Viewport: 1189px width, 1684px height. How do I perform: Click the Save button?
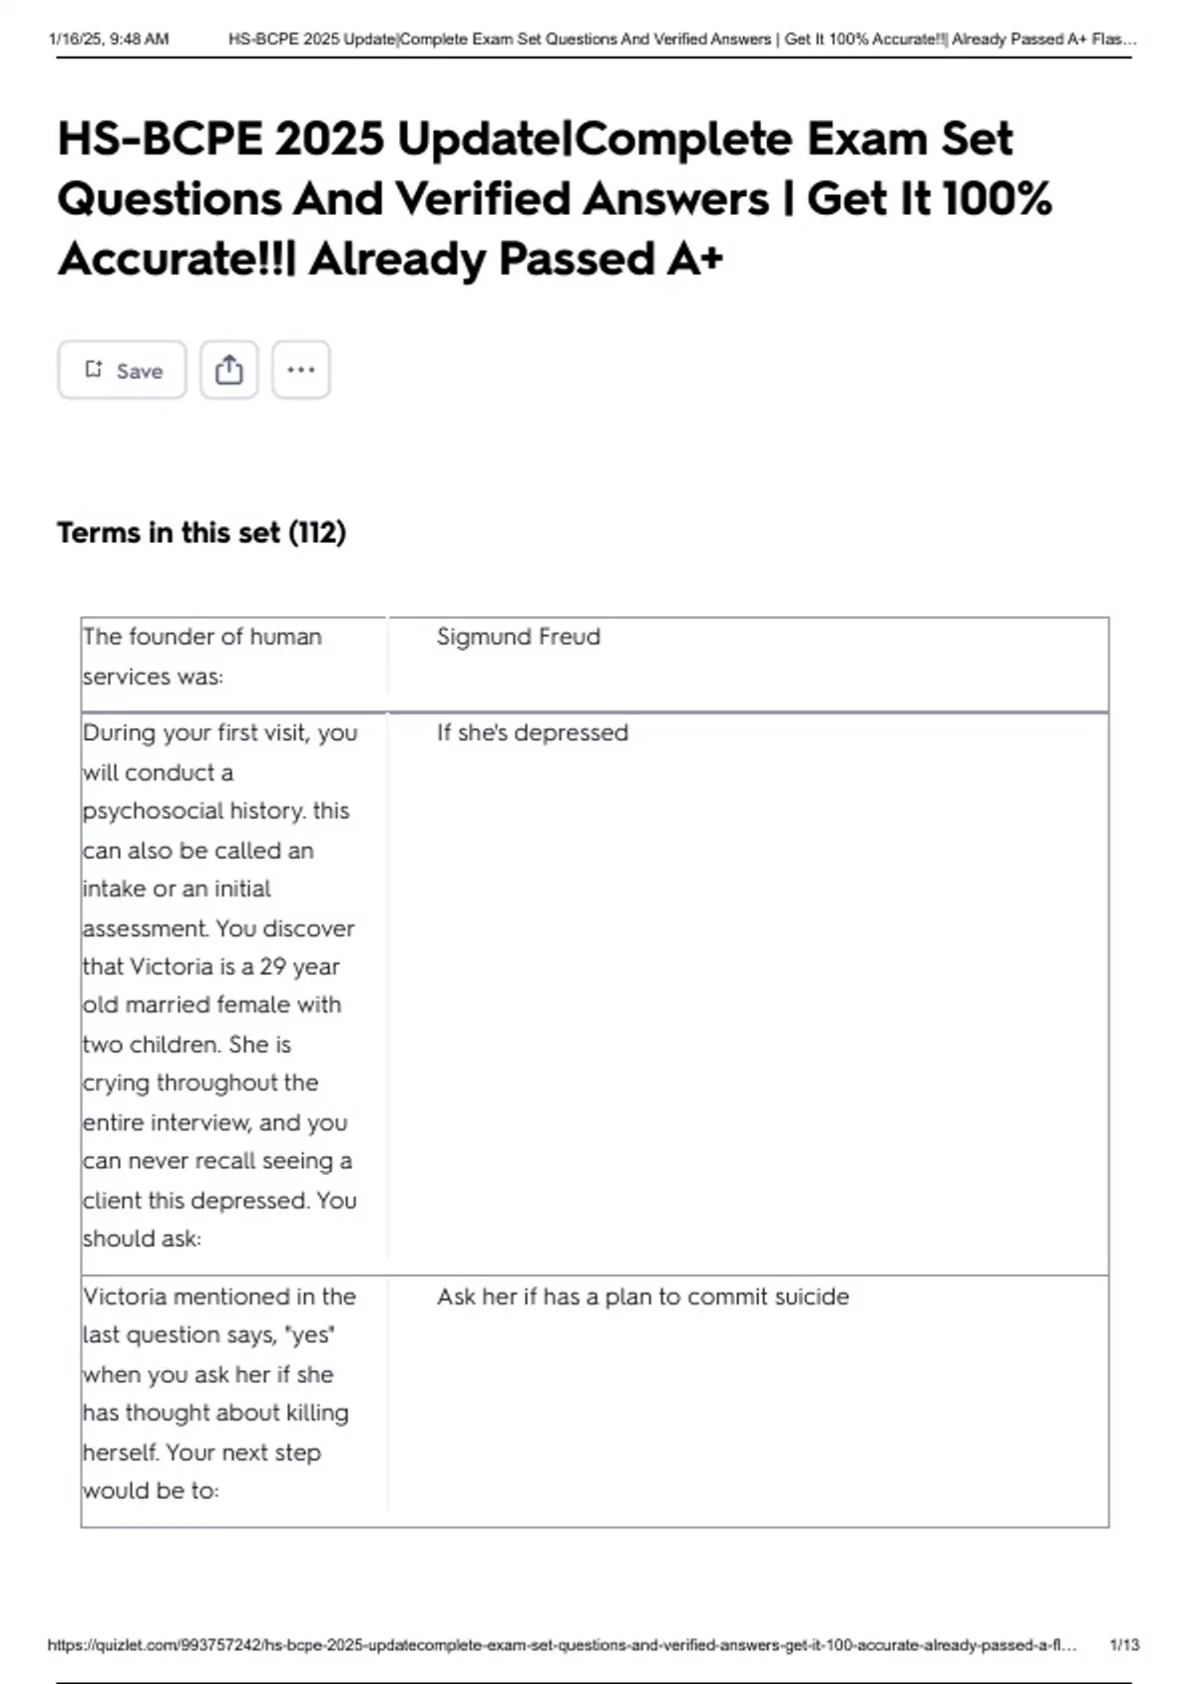tap(122, 370)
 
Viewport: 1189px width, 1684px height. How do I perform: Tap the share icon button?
tap(229, 370)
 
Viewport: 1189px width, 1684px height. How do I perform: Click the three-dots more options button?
tap(301, 370)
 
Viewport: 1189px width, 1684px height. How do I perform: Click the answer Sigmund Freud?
tap(518, 637)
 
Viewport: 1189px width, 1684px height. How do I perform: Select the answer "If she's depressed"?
tap(532, 733)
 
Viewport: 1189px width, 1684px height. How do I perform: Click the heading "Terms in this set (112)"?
tap(201, 533)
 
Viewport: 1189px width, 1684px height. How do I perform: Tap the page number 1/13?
tap(1124, 1644)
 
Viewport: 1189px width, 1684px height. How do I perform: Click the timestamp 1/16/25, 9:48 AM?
tap(109, 40)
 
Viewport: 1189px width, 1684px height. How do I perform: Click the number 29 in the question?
tap(272, 967)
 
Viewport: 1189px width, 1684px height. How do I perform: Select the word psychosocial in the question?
tap(145, 811)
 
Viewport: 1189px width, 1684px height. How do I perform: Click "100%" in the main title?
tap(997, 198)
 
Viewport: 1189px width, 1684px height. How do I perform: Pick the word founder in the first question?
tap(186, 637)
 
